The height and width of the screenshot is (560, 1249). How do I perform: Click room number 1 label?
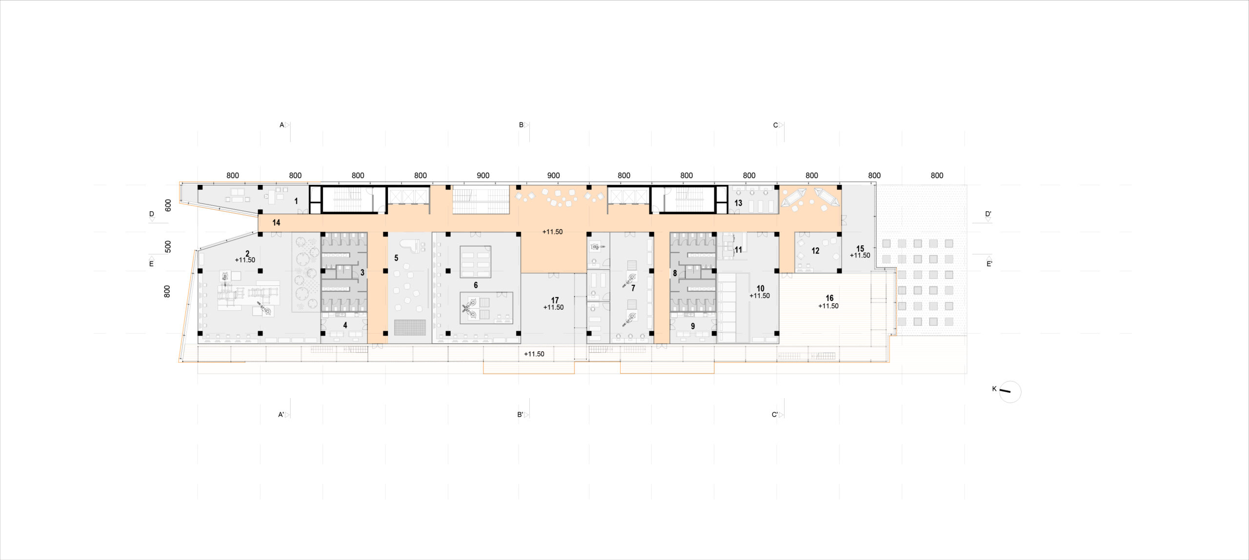click(x=296, y=201)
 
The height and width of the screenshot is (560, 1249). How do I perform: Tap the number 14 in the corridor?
click(x=276, y=222)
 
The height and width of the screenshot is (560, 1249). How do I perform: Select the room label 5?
click(x=396, y=258)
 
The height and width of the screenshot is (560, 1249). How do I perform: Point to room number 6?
click(x=476, y=285)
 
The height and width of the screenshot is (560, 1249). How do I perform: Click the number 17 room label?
click(x=555, y=300)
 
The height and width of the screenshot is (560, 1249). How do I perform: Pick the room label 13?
click(x=738, y=203)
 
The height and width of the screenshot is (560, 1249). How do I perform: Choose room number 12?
click(x=815, y=251)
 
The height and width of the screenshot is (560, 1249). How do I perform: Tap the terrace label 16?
click(x=829, y=298)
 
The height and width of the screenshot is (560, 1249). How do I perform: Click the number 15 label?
click(x=860, y=249)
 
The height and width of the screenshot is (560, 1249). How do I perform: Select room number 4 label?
click(x=345, y=325)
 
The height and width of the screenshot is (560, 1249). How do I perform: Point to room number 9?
click(x=692, y=326)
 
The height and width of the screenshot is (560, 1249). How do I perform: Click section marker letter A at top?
click(x=282, y=125)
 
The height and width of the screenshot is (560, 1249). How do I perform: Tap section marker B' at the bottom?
click(x=520, y=415)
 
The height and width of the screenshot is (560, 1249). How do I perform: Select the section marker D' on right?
click(x=988, y=214)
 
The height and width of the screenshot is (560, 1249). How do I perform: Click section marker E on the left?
click(x=151, y=264)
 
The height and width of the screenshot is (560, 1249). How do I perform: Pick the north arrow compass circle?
click(x=1010, y=392)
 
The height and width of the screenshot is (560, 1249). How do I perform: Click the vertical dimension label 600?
click(x=168, y=205)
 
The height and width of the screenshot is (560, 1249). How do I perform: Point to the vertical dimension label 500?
click(x=168, y=246)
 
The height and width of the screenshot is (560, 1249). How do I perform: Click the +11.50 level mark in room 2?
click(x=245, y=260)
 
